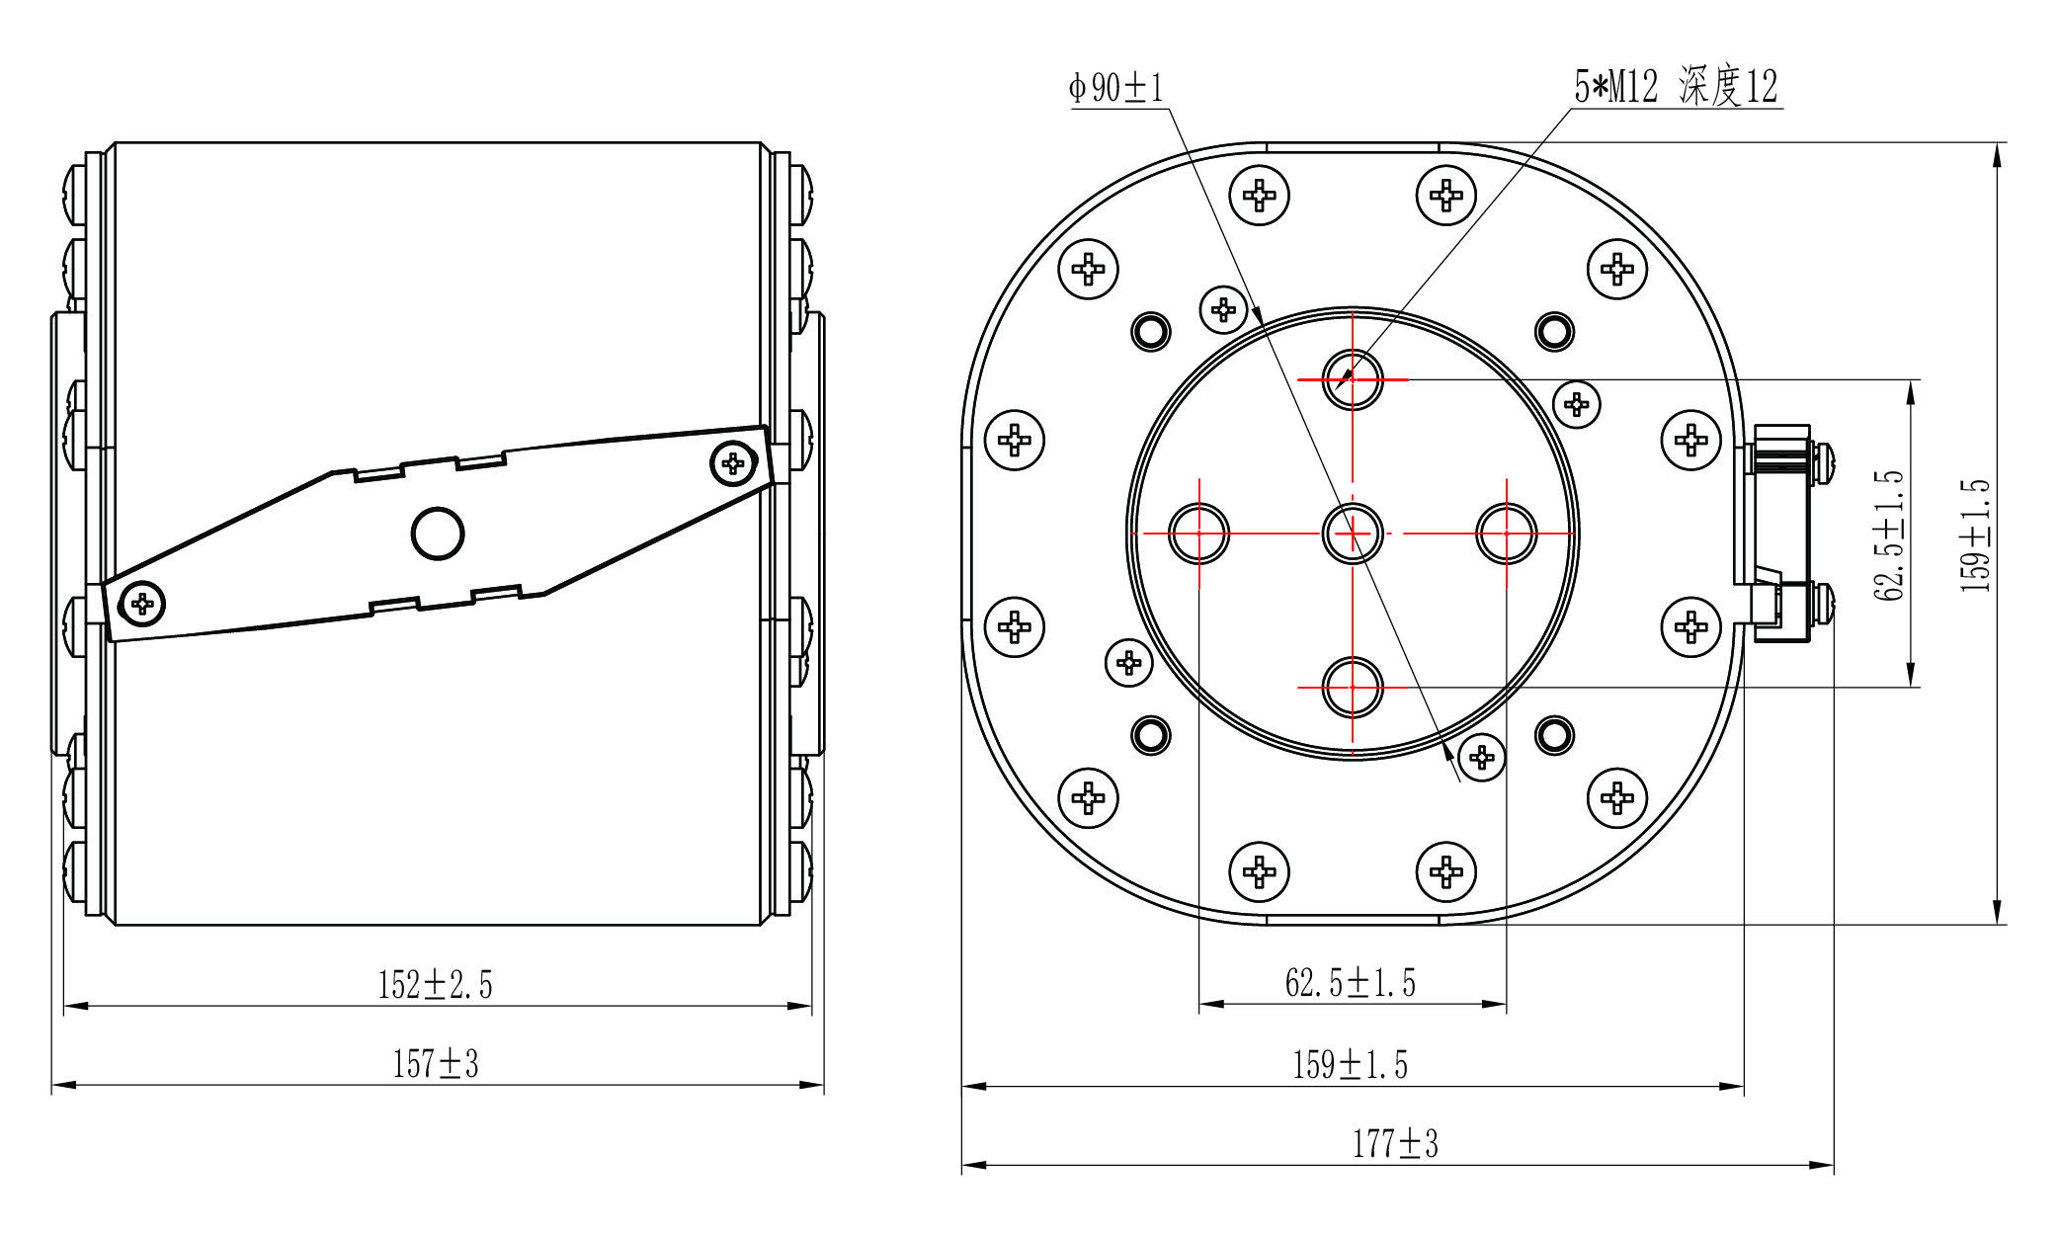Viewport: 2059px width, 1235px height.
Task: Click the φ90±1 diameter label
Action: pyautogui.click(x=1116, y=88)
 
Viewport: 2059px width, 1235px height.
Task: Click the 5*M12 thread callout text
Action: pyautogui.click(x=1676, y=87)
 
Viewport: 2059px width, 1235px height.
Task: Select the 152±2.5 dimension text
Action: pyautogui.click(x=435, y=985)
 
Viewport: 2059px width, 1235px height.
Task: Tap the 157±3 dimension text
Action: pyautogui.click(x=435, y=1064)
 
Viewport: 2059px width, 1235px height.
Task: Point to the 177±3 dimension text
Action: pyautogui.click(x=1395, y=1144)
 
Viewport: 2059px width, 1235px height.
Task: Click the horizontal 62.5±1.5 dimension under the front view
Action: pyautogui.click(x=1350, y=983)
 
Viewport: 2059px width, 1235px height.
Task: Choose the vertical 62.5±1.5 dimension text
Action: pyautogui.click(x=1887, y=535)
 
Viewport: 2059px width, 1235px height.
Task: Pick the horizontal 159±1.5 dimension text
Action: pyautogui.click(x=1350, y=1065)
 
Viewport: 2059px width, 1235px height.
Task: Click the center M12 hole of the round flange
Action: pyautogui.click(x=1353, y=534)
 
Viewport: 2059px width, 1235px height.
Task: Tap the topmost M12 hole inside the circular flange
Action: pyautogui.click(x=1353, y=379)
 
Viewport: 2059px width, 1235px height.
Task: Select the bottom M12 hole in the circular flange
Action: pyautogui.click(x=1353, y=687)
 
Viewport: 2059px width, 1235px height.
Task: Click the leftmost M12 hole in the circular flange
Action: pyautogui.click(x=1198, y=534)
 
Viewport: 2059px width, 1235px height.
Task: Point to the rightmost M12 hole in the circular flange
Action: pyautogui.click(x=1506, y=534)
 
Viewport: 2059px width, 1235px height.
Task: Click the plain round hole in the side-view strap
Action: pyautogui.click(x=438, y=534)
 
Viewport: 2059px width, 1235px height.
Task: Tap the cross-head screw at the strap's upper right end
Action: pyautogui.click(x=733, y=462)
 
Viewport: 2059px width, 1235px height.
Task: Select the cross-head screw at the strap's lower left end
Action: pyautogui.click(x=142, y=602)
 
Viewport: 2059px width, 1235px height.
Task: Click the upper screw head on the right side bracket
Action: pyautogui.click(x=1824, y=461)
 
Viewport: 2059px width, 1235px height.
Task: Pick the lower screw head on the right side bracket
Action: pyautogui.click(x=1824, y=602)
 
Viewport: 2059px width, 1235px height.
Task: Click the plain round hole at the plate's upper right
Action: pyautogui.click(x=1554, y=332)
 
